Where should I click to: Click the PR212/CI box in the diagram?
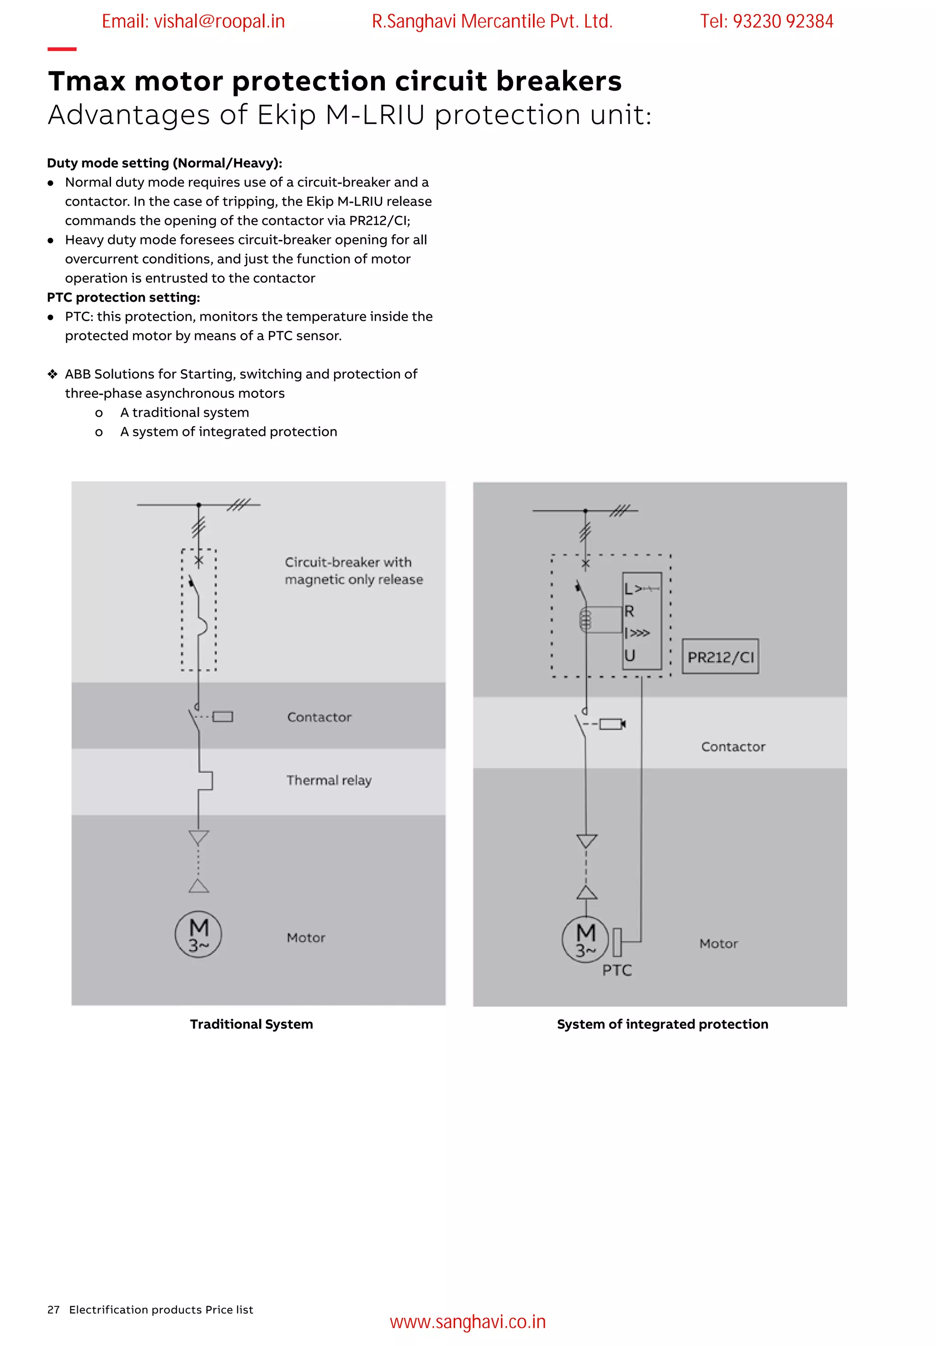point(720,657)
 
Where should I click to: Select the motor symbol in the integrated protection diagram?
point(585,939)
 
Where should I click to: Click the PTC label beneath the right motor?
point(617,970)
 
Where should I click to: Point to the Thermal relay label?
point(329,780)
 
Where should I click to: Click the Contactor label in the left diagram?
point(319,717)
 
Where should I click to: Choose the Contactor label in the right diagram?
point(733,747)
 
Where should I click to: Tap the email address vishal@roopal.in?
point(193,21)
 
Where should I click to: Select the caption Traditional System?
point(251,1024)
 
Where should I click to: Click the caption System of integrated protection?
point(662,1024)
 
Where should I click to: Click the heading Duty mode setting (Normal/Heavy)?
point(165,163)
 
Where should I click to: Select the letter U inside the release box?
point(629,655)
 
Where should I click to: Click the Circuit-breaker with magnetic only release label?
point(353,570)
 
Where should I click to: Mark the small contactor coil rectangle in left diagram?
point(223,716)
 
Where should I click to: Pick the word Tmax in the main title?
point(87,81)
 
